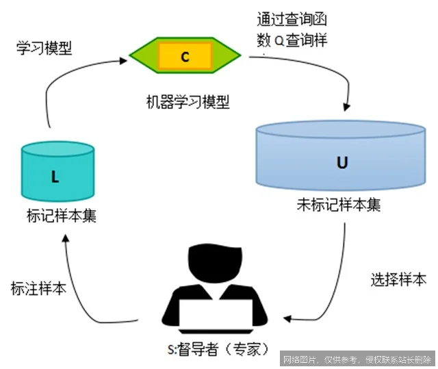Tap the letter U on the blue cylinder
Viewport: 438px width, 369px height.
point(342,162)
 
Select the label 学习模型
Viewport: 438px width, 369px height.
point(44,48)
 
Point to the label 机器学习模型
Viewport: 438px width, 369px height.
point(188,103)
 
